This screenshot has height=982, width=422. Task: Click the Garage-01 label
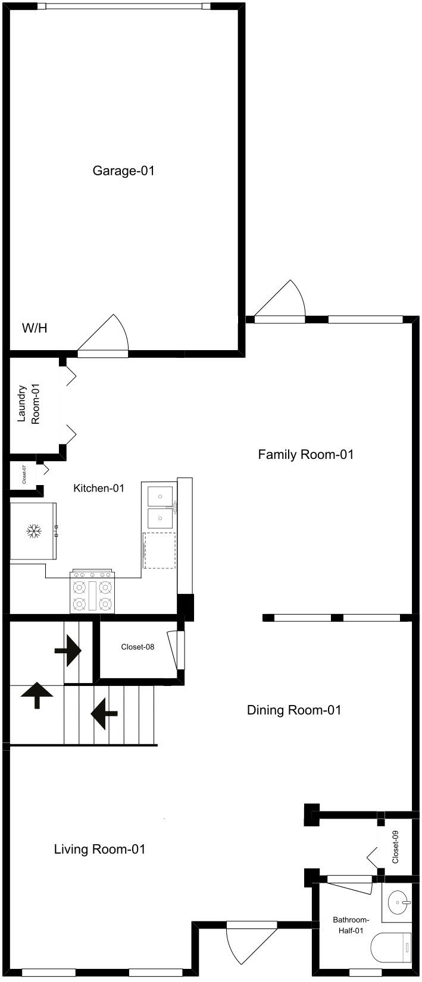(x=123, y=171)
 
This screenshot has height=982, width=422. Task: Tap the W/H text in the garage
(x=35, y=328)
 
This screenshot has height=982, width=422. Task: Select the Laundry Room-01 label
(x=29, y=404)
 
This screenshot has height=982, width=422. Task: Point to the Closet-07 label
(x=24, y=475)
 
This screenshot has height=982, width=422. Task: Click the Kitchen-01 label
(x=99, y=488)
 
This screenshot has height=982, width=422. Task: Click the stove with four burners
(x=92, y=591)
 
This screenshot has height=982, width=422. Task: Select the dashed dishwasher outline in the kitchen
(x=160, y=550)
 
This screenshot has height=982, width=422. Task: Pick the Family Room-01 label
(x=305, y=454)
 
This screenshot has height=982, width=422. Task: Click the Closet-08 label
(x=137, y=647)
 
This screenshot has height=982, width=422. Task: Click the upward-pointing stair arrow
(x=37, y=695)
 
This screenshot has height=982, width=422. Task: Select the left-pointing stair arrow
(x=104, y=714)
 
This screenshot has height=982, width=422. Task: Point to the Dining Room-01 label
(x=294, y=710)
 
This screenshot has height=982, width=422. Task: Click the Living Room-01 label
(x=99, y=849)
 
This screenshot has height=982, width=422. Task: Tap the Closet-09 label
(x=395, y=847)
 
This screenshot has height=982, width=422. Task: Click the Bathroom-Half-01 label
(x=351, y=925)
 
